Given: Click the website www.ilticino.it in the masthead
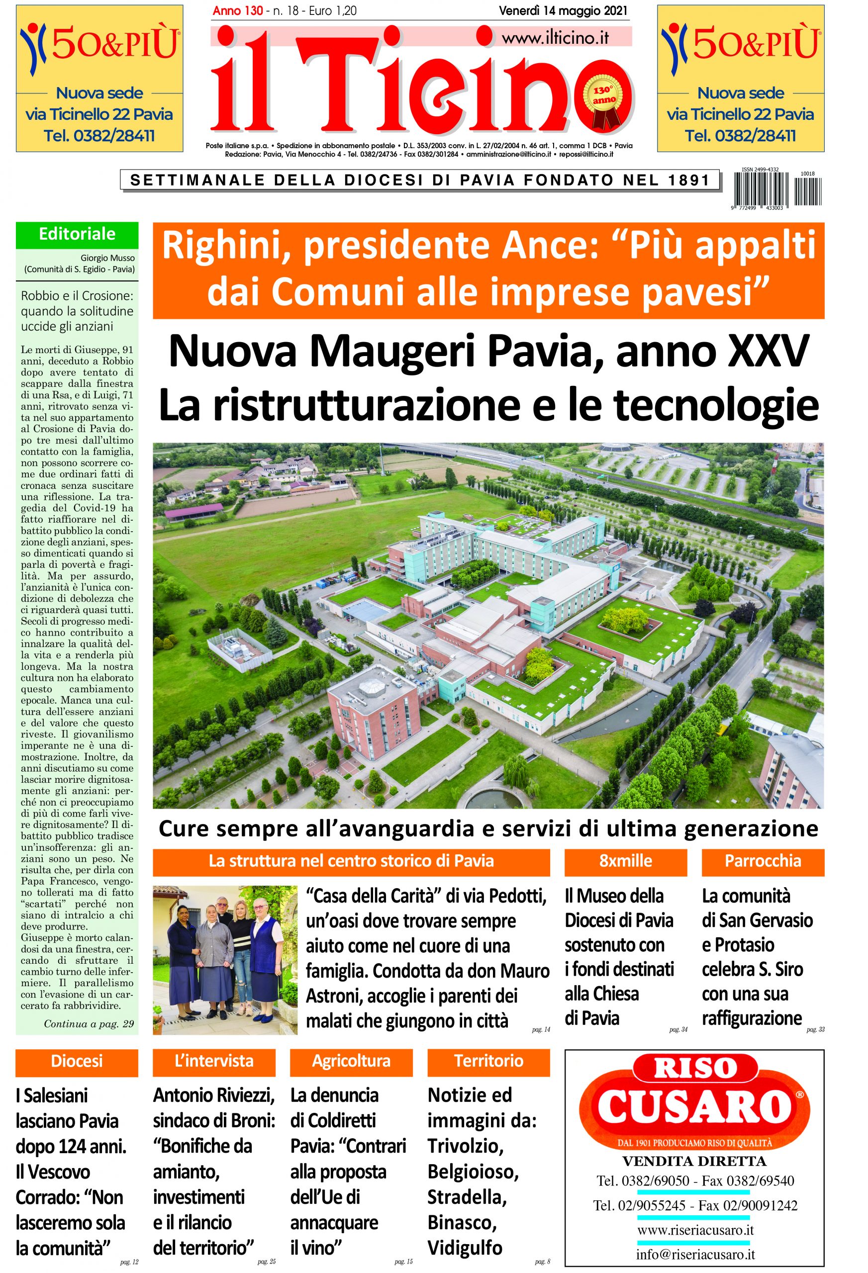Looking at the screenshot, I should click(x=555, y=37).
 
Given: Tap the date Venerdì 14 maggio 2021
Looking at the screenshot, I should click(x=563, y=10).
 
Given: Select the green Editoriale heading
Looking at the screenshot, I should click(x=77, y=234).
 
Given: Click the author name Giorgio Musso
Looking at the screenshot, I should click(x=108, y=258).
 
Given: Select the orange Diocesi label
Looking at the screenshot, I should click(x=77, y=1061).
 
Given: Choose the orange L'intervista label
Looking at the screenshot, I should click(x=214, y=1061).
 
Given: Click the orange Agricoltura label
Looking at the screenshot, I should click(x=351, y=1061).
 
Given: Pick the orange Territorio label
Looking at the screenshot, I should click(x=488, y=1061).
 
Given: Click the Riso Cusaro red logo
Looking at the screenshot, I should click(x=694, y=1097).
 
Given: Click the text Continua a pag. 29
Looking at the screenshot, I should click(x=89, y=1023).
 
